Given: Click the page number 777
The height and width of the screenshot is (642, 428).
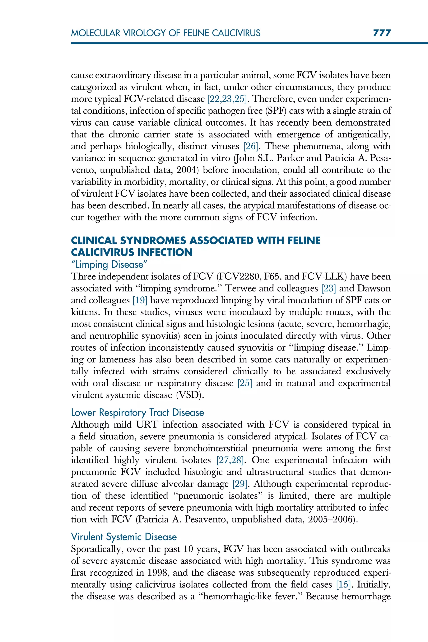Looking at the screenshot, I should click(382, 33).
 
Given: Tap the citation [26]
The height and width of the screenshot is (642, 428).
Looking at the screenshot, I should click(251, 146).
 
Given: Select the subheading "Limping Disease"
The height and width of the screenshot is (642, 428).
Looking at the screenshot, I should click(109, 264).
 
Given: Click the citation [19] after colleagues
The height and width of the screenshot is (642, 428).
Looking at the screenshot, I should click(140, 300).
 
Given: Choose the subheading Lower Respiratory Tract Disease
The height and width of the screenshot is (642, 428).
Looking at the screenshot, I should click(137, 413).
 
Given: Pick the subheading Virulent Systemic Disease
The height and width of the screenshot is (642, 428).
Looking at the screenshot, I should click(124, 537).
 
